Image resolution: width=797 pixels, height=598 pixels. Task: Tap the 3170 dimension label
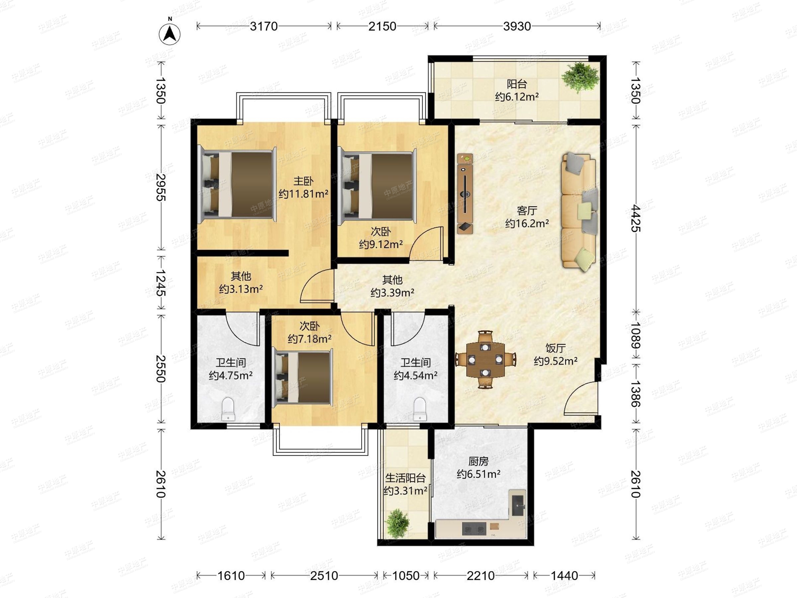264,26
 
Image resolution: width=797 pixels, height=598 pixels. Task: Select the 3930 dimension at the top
517,26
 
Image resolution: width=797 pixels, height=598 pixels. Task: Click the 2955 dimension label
161,187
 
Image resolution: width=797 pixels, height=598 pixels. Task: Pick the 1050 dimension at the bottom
406,576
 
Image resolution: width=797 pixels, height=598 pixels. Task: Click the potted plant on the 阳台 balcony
580,77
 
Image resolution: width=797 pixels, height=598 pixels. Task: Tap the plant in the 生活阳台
398,524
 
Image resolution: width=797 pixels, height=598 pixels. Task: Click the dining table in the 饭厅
485,359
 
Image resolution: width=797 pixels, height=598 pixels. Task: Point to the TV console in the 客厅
465,194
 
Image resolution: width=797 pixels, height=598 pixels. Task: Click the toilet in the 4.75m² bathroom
228,409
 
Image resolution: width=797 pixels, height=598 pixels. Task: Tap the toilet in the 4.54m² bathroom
420,409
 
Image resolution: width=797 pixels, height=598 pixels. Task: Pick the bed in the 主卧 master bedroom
237,185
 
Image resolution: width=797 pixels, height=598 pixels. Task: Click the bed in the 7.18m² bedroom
303,377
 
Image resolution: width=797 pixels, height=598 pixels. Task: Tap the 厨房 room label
479,461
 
